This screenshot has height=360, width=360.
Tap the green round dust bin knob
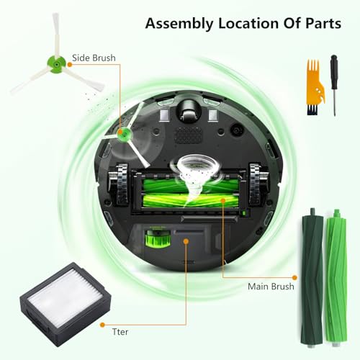(153, 236)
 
